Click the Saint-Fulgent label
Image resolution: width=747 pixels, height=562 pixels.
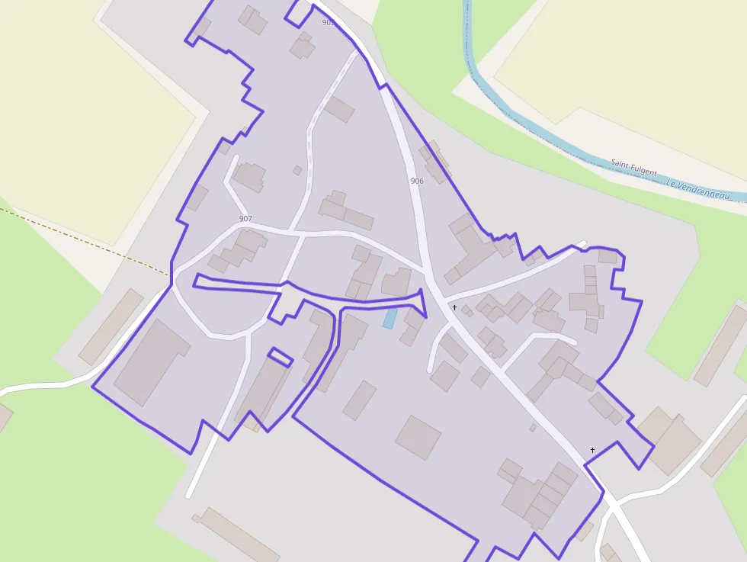633,168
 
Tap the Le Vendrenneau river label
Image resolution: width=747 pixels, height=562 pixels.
697,190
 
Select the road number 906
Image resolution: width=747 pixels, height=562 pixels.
416,181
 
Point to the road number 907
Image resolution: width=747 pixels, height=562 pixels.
245,219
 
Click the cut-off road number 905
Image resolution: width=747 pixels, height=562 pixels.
328,23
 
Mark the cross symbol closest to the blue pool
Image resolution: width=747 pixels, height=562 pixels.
454,308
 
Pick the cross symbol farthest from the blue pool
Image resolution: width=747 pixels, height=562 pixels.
592,451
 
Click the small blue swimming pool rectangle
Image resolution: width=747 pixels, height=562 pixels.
390,319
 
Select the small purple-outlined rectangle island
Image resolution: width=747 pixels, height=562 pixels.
280,357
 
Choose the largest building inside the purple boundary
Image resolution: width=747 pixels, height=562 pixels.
152,363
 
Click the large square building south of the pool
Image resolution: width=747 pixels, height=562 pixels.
418,437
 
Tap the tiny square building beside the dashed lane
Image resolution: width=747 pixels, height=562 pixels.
297,170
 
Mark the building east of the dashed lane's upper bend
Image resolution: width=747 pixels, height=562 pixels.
339,109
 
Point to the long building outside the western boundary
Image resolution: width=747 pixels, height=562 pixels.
111,326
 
